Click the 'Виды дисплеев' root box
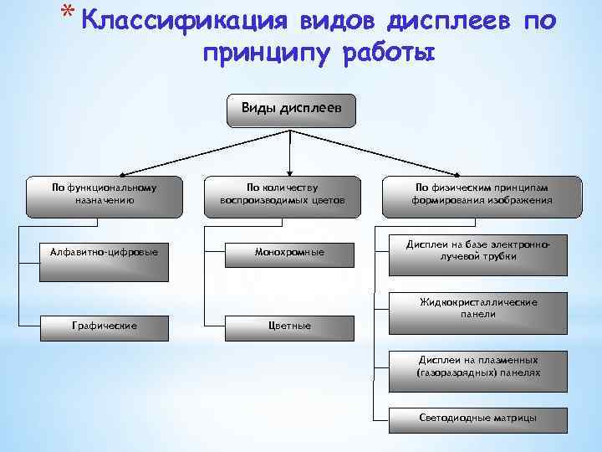coord(290,110)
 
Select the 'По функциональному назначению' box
coord(103,195)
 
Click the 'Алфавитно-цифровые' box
coord(103,252)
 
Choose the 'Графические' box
coord(103,325)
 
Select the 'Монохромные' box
coord(289,252)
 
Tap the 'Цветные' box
coord(289,325)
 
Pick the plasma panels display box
coord(477,367)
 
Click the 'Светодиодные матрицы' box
coord(477,417)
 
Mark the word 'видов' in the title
coord(309,21)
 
